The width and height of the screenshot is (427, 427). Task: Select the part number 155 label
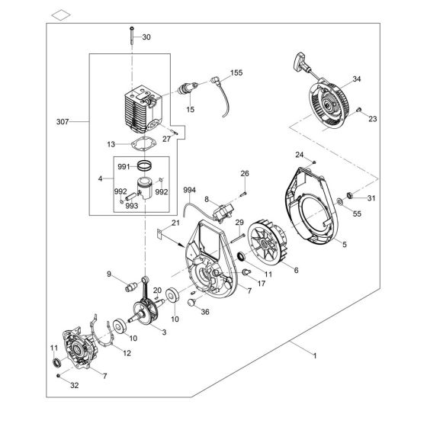point(237,73)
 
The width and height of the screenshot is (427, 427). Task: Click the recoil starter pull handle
point(298,59)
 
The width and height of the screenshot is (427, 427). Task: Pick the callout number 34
point(357,79)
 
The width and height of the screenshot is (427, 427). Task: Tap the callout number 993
point(131,205)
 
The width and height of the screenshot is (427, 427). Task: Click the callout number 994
point(189,189)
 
